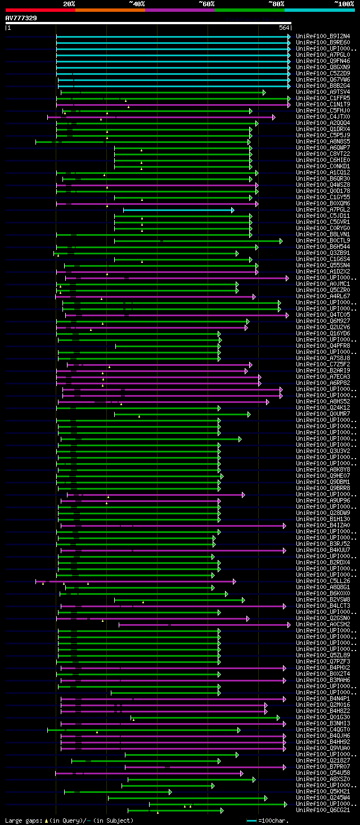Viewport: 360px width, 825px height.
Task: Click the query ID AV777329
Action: coord(21,18)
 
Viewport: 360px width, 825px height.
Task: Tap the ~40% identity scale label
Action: coord(137,3)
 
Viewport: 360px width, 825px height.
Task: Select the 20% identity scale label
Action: coord(69,3)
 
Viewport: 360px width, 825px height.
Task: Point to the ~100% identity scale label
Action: coord(344,3)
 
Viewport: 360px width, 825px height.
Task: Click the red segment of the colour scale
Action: coord(40,10)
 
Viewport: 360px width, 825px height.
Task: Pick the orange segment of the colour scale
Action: coord(110,10)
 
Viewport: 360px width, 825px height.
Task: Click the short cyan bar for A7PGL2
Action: coord(178,210)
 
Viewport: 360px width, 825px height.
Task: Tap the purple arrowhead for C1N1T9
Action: coord(289,105)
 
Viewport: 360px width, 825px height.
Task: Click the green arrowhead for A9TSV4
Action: coord(264,92)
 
